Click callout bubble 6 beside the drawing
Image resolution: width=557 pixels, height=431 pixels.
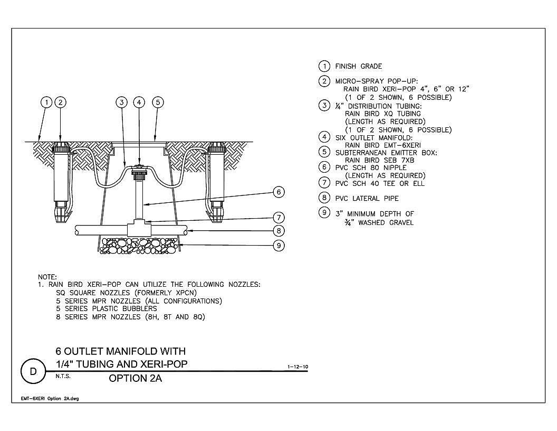tap(279, 192)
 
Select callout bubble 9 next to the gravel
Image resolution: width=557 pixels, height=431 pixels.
tap(279, 246)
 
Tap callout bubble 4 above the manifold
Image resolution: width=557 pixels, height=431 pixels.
tap(139, 102)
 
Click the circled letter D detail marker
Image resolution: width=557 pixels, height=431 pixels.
tap(33, 372)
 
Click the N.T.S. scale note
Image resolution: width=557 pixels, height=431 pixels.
tap(63, 376)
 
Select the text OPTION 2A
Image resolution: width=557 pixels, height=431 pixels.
tap(136, 378)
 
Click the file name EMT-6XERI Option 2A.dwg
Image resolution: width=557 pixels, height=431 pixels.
tap(50, 399)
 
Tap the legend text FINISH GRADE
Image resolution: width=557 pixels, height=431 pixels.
tap(359, 67)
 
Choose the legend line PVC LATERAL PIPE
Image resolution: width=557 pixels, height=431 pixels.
tap(367, 199)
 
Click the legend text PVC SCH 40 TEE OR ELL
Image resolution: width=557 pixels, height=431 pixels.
tap(380, 183)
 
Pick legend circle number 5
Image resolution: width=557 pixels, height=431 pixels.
tap(324, 152)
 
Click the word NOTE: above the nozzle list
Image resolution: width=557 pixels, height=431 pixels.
tap(47, 277)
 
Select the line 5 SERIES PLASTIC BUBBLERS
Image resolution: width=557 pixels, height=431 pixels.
tap(106, 308)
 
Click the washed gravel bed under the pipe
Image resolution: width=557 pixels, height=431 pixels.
tap(139, 246)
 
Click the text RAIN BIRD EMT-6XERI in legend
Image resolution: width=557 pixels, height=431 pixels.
tap(382, 145)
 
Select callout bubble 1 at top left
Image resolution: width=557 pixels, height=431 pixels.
tap(46, 102)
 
